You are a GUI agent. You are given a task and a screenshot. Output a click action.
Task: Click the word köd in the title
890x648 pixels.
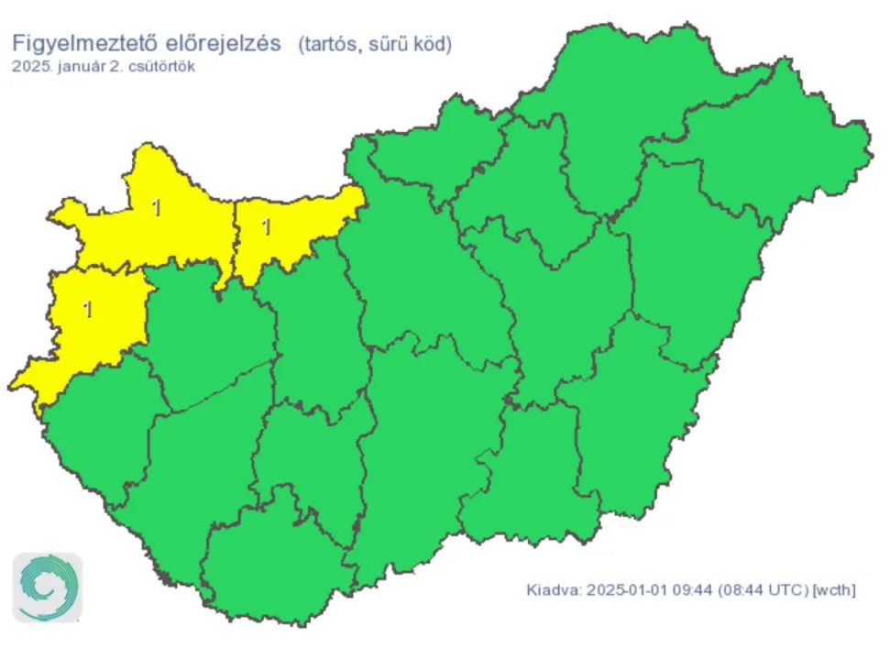point(432,43)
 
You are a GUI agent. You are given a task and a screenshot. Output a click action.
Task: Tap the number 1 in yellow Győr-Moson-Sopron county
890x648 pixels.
point(156,208)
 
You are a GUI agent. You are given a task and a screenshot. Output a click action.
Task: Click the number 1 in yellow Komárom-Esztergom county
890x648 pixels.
point(267,226)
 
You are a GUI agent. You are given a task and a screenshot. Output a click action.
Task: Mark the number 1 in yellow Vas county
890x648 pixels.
point(88,309)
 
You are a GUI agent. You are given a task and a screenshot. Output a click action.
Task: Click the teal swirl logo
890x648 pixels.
point(47,588)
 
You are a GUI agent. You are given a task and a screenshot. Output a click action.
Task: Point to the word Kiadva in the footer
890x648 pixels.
point(552,589)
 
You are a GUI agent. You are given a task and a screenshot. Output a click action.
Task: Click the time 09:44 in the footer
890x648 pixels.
point(684,589)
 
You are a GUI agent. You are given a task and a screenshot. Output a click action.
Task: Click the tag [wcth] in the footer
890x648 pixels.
point(832,589)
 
